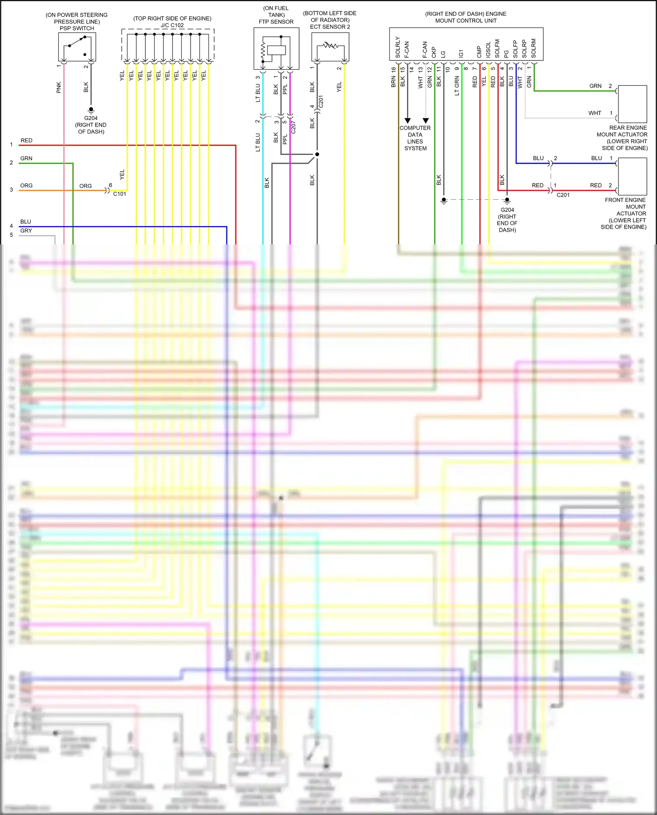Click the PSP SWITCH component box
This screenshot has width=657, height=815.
pyautogui.click(x=77, y=47)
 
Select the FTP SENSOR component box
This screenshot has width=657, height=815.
pyautogui.click(x=276, y=49)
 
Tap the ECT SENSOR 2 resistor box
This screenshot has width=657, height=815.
pyautogui.click(x=330, y=47)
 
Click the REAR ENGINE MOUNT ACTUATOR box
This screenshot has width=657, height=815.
pyautogui.click(x=632, y=104)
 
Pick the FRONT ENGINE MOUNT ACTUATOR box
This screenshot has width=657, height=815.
pyautogui.click(x=632, y=176)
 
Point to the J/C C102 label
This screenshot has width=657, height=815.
pyautogui.click(x=172, y=25)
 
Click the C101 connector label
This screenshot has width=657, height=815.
pyautogui.click(x=120, y=194)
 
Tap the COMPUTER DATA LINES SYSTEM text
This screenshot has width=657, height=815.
pyautogui.click(x=415, y=138)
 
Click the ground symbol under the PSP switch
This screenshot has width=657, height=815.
pyautogui.click(x=91, y=109)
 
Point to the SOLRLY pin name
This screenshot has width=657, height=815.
pyautogui.click(x=398, y=47)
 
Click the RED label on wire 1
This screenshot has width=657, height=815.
pyautogui.click(x=26, y=141)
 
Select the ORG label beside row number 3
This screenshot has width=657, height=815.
pyautogui.click(x=26, y=186)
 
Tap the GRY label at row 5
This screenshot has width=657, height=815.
pyautogui.click(x=26, y=231)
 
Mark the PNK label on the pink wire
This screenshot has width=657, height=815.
pyautogui.click(x=59, y=88)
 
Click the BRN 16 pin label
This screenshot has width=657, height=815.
pyautogui.click(x=393, y=77)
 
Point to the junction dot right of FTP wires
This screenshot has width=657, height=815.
pyautogui.click(x=317, y=154)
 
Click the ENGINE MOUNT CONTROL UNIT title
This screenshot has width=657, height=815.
pyautogui.click(x=466, y=17)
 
